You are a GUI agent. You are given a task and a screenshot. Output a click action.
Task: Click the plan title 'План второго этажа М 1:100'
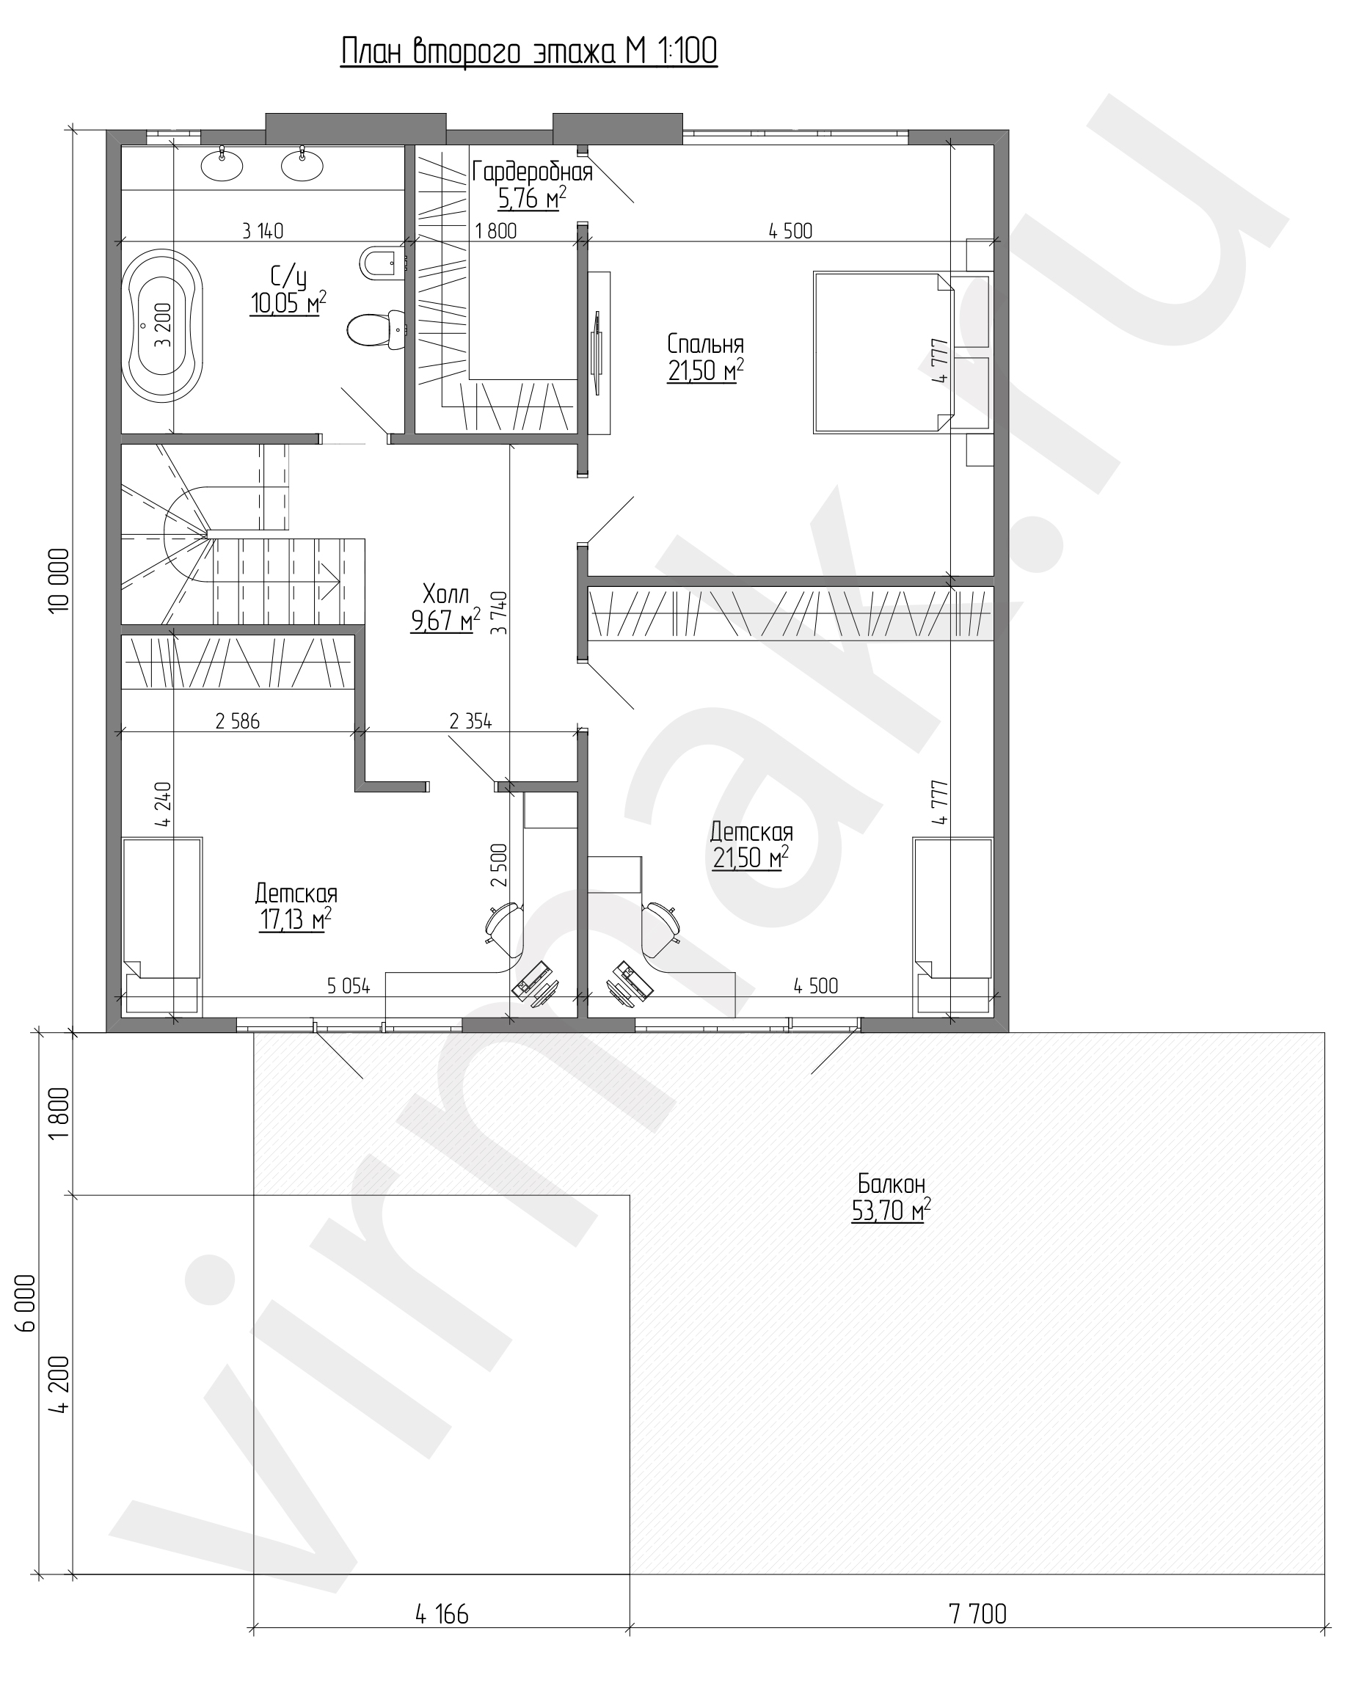[x=528, y=52]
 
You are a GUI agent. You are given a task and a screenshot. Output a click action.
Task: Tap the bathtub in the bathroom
[x=163, y=326]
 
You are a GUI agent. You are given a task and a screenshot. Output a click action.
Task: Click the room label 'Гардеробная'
[x=532, y=172]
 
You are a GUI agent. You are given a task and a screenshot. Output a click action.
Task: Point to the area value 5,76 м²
[x=532, y=199]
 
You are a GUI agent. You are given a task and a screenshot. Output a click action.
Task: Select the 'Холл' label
[x=445, y=593]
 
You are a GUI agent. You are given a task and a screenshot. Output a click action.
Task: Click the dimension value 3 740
[x=499, y=613]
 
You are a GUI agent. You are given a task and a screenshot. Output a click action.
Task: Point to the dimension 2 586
[x=237, y=721]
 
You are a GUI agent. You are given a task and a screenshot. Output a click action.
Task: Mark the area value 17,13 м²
[x=295, y=919]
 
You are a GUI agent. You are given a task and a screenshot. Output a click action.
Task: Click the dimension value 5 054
[x=349, y=985]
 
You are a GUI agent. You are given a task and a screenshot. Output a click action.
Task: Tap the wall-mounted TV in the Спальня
[x=599, y=353]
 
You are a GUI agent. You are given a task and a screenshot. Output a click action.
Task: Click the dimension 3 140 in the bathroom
[x=263, y=231]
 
